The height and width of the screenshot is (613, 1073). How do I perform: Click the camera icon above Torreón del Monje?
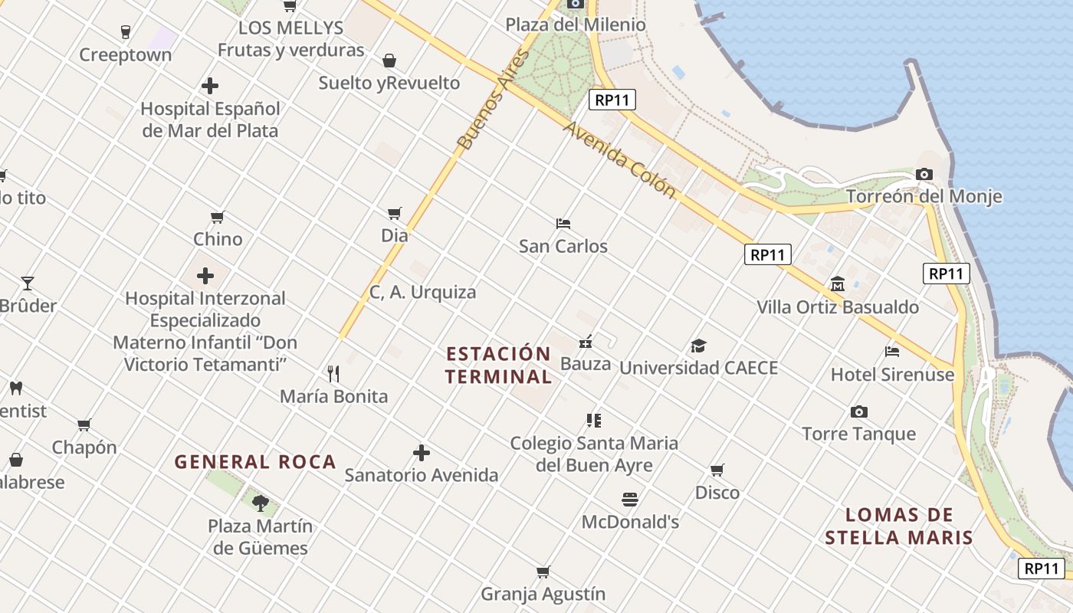tap(924, 174)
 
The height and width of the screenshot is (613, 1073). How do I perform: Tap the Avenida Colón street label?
tap(619, 159)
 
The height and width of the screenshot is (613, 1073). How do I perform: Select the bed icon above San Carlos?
tap(563, 224)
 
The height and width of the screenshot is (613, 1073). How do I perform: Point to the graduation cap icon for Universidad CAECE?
tap(698, 346)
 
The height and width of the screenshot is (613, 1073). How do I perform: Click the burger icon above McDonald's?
tap(630, 500)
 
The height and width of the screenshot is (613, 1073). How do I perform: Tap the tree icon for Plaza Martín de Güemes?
tap(261, 503)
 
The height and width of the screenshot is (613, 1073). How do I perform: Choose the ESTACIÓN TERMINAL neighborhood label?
tap(498, 366)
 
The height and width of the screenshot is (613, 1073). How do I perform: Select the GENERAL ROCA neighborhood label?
tap(255, 462)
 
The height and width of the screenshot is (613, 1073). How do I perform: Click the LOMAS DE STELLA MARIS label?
tap(899, 526)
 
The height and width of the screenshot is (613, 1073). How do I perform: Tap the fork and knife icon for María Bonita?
tap(333, 374)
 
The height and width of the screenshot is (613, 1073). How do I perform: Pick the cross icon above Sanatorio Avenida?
tap(422, 453)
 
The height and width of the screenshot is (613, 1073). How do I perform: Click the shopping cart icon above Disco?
tap(717, 470)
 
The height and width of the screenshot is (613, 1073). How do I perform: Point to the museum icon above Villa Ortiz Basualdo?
tap(837, 284)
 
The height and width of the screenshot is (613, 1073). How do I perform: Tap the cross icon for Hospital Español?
tap(210, 86)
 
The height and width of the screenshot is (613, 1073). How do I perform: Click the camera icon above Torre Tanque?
tap(858, 412)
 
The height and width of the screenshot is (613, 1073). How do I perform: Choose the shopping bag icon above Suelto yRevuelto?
tap(389, 61)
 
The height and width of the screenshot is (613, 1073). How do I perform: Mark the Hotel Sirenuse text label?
tap(892, 375)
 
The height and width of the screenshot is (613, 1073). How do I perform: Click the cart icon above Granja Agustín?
tap(543, 572)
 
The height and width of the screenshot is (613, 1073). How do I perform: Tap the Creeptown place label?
tap(126, 55)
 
